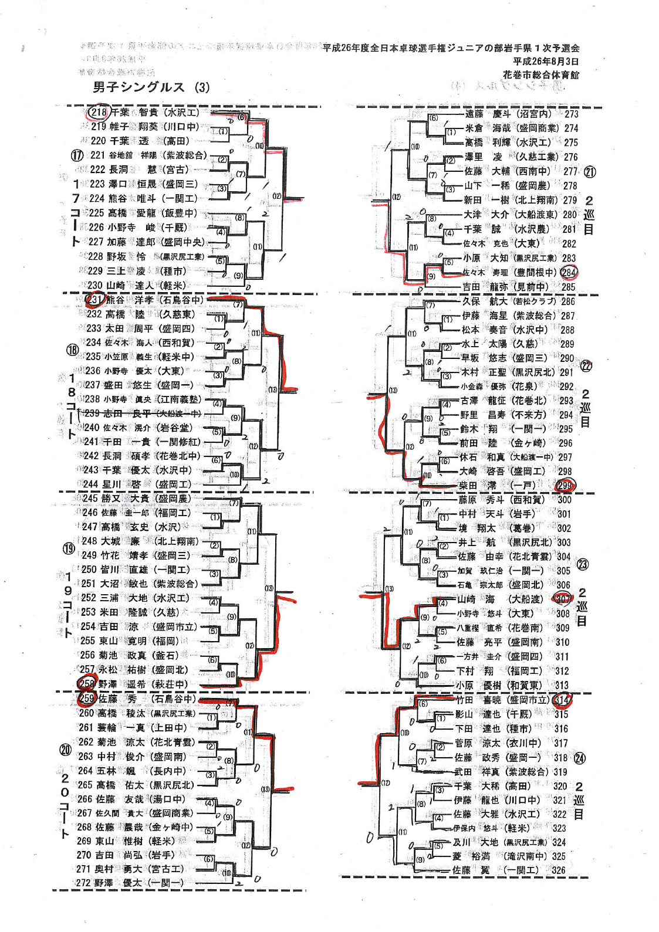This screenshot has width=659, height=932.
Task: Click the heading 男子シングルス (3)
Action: coord(151,87)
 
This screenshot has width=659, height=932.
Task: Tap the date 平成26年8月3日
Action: coord(545,62)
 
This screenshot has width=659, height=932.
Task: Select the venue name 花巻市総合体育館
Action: coord(540,74)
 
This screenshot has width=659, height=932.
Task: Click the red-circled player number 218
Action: coord(99,112)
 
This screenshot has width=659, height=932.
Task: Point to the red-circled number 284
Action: coord(569,272)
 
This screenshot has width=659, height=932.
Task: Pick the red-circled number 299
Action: coord(565,485)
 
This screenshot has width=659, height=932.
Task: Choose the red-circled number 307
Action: coord(563,599)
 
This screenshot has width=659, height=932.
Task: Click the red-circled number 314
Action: coord(562,700)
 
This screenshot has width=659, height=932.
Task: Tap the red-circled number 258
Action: coord(87,684)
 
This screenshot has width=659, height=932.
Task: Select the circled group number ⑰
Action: coord(77,155)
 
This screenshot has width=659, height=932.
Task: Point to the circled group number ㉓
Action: coord(583,564)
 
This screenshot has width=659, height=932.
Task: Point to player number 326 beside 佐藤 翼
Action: coord(559,870)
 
